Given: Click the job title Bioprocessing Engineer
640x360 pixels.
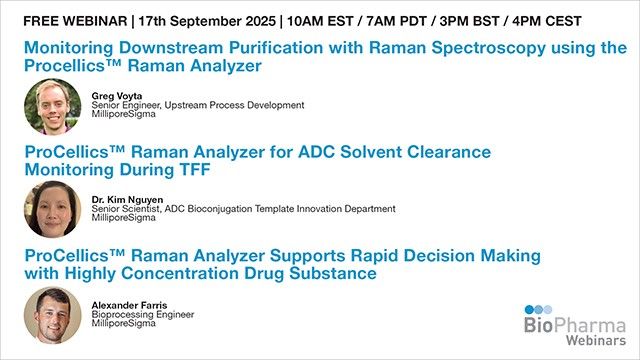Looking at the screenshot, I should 140,313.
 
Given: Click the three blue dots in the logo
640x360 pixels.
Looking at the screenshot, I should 540,310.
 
